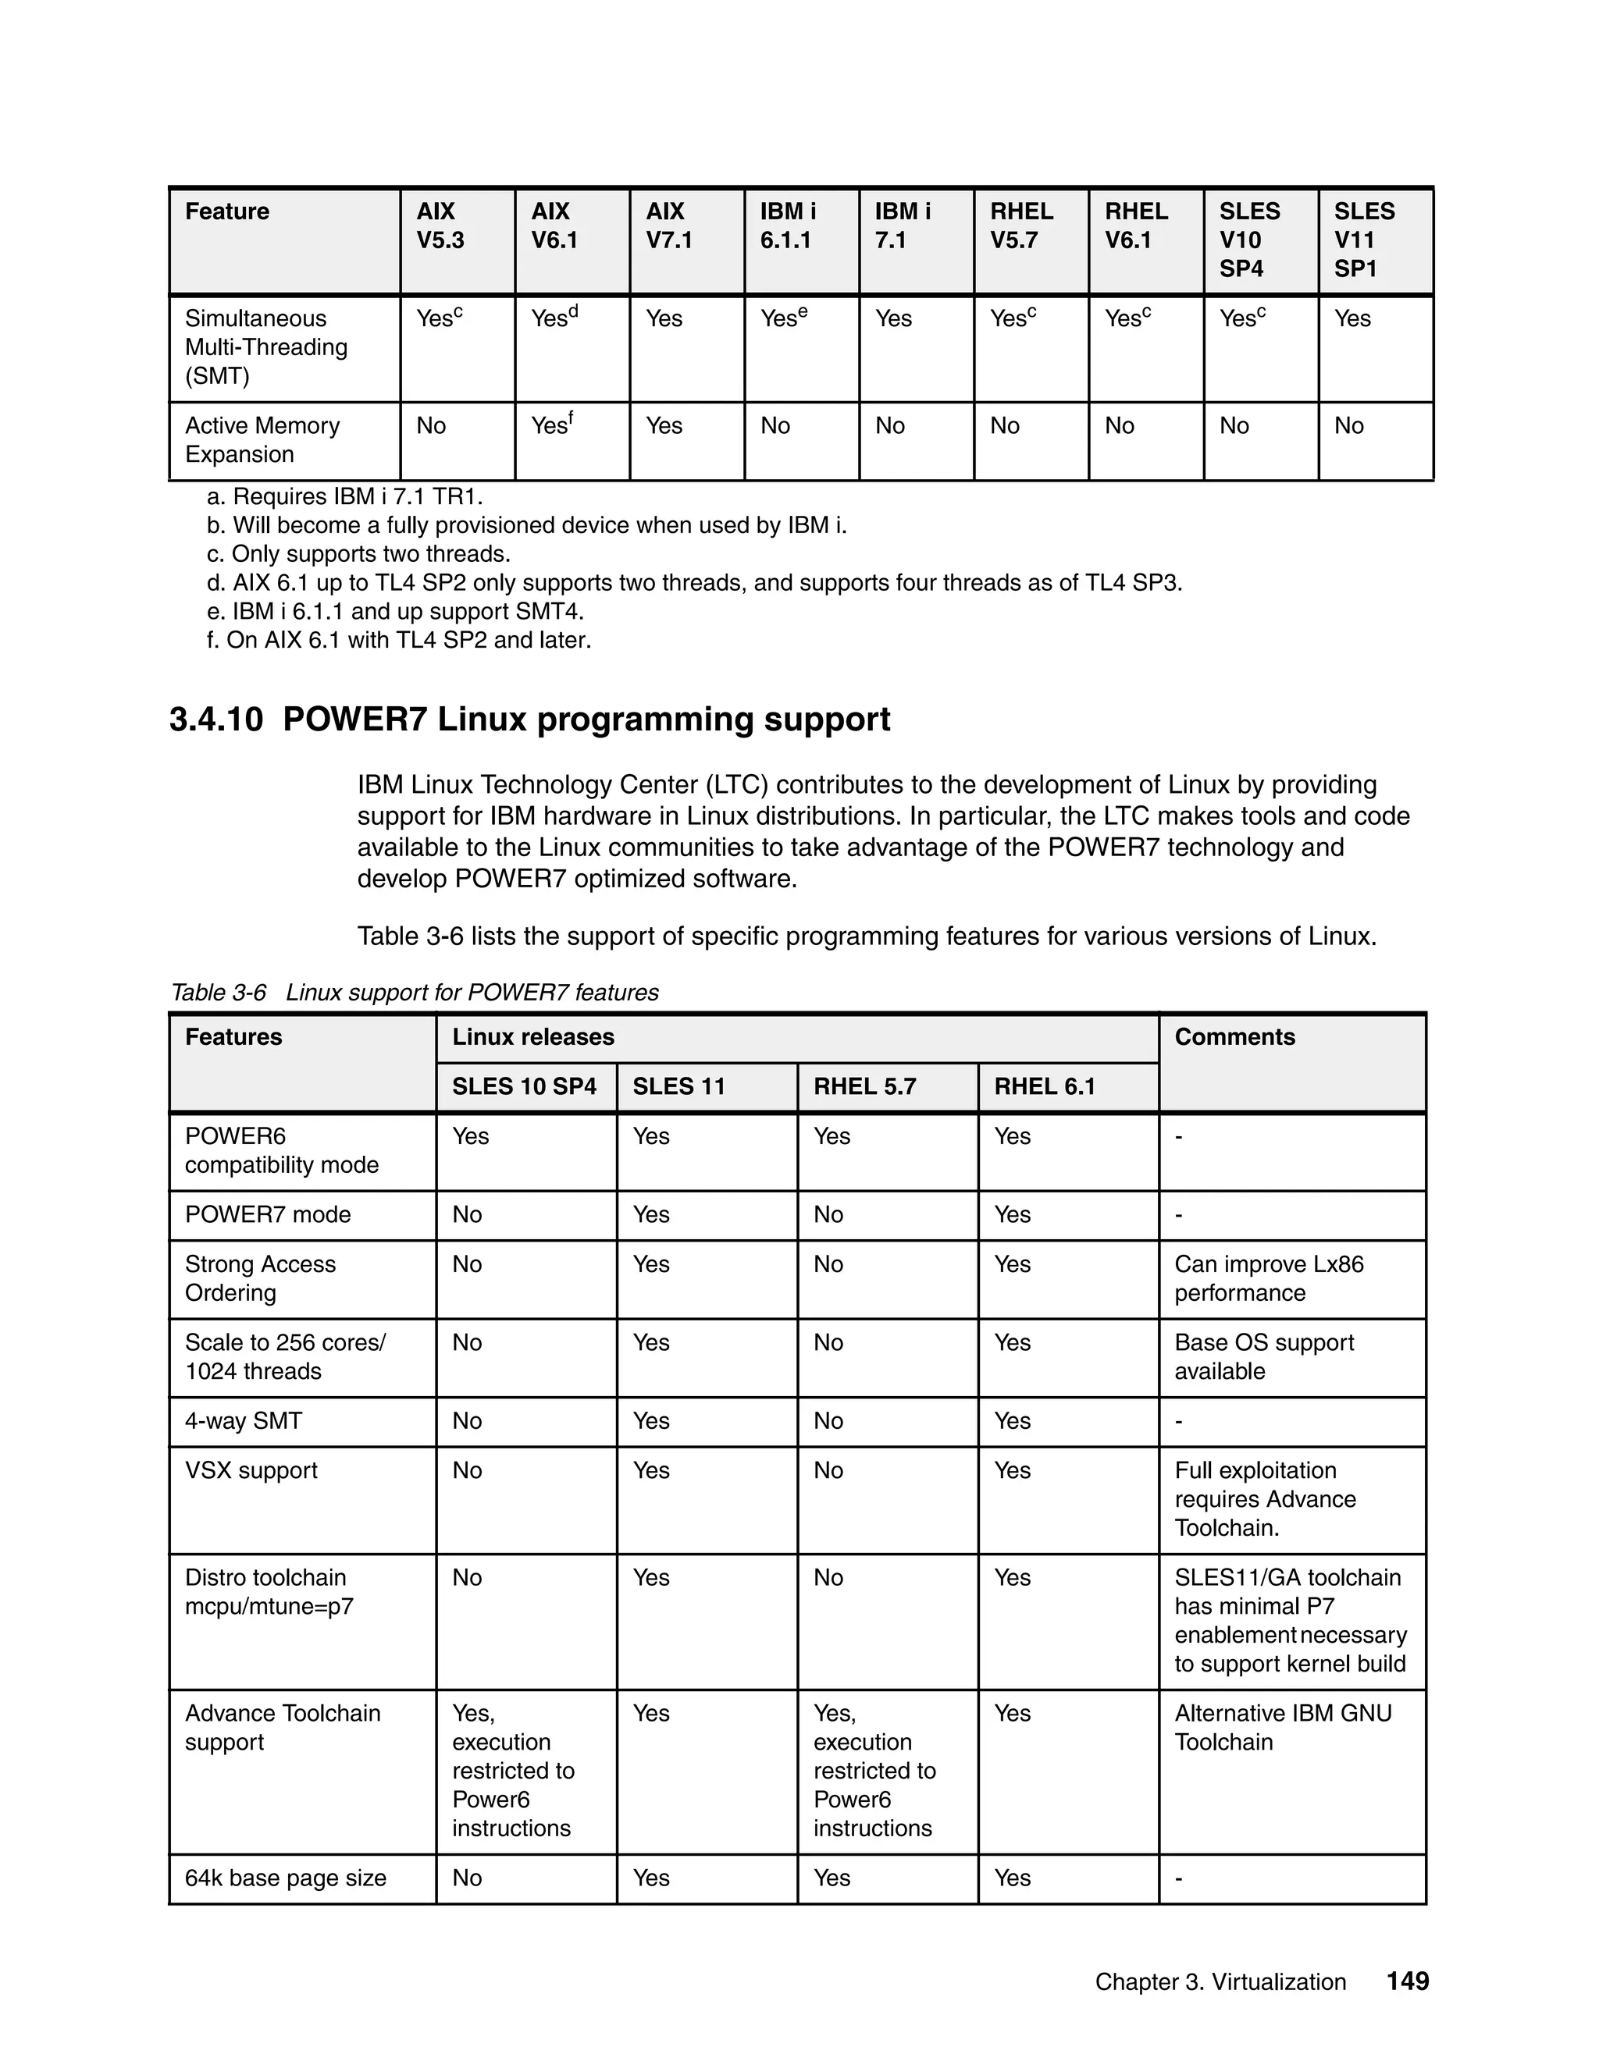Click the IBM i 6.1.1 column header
point(788,226)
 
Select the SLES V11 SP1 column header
point(1364,240)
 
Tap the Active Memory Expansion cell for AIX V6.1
point(552,425)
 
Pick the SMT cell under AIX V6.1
point(554,318)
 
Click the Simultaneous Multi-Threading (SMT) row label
point(266,346)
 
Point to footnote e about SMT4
point(395,611)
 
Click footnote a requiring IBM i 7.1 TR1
point(345,496)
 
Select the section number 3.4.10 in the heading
point(216,720)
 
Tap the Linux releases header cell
point(533,1037)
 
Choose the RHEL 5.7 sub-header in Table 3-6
point(865,1086)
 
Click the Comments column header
point(1234,1037)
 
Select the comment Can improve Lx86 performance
point(1269,1278)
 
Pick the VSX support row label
point(251,1470)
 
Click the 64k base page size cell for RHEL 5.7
point(832,1878)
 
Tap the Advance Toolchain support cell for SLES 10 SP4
point(512,1771)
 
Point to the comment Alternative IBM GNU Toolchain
point(1283,1727)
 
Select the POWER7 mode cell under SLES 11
point(651,1215)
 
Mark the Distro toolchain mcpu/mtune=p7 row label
point(269,1592)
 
